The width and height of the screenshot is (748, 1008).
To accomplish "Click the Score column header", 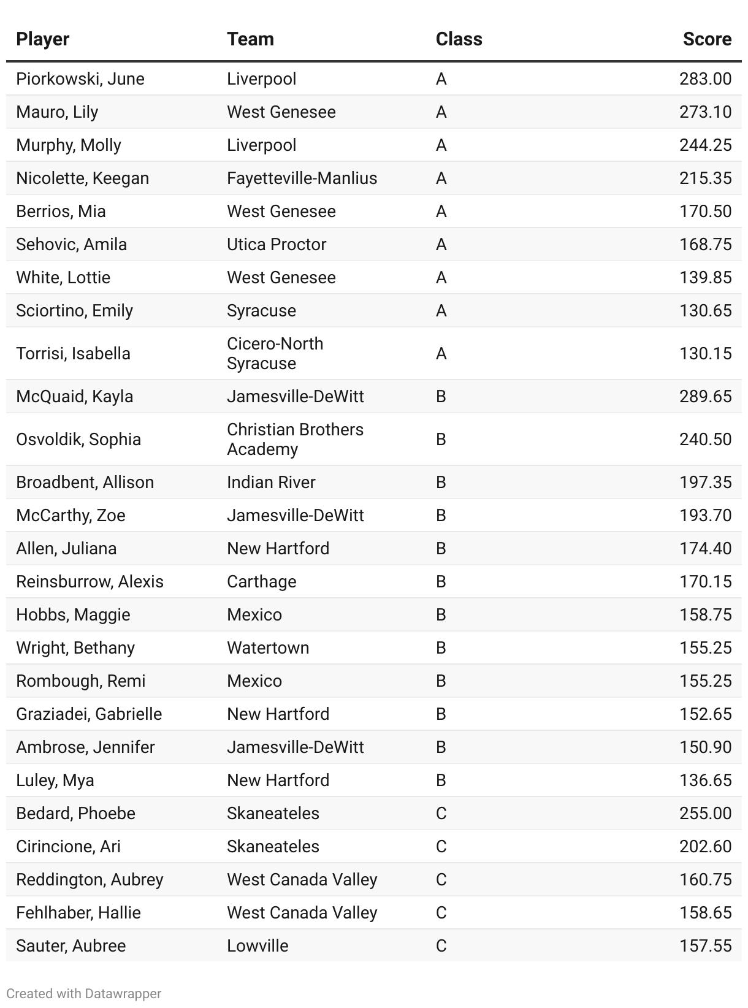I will point(706,39).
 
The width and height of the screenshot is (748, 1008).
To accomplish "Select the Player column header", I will point(42,39).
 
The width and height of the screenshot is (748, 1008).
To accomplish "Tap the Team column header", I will point(250,39).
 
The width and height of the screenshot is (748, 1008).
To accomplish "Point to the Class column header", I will point(459,39).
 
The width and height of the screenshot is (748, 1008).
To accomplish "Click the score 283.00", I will point(705,79).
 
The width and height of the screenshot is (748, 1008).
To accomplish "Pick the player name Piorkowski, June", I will point(80,79).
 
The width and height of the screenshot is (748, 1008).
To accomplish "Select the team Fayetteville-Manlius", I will point(302,178).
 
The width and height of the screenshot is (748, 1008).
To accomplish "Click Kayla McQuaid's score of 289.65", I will point(705,397).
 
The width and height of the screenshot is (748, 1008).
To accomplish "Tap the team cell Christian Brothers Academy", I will point(295,440).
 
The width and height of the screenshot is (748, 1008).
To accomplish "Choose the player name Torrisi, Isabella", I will point(73,354).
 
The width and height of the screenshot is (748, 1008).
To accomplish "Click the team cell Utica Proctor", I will point(277,245).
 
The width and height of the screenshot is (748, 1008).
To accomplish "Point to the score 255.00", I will point(705,814).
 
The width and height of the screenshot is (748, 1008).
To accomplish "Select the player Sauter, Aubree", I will point(71,946).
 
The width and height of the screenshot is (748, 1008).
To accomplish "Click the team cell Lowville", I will point(258,946).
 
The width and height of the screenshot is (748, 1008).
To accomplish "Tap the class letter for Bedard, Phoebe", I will point(441,814).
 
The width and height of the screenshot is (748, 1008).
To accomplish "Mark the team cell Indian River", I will point(271,483).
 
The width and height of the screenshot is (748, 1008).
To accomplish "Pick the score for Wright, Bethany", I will point(705,648).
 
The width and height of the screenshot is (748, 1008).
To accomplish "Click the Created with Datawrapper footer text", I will point(84,994).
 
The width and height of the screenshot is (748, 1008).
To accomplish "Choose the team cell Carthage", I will point(261,582).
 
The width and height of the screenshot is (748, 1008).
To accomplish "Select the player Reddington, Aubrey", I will point(90,880).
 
